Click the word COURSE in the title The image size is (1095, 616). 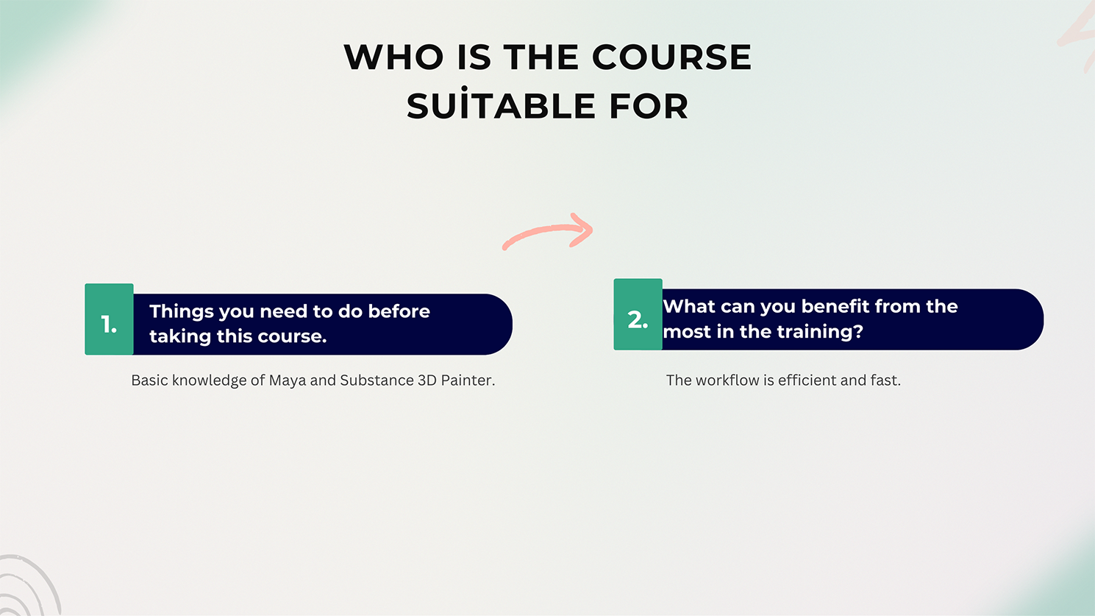(x=671, y=57)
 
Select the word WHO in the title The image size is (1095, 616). (x=393, y=57)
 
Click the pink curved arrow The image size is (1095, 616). (x=547, y=231)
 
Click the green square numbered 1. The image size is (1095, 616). (x=109, y=319)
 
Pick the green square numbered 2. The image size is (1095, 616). (x=638, y=314)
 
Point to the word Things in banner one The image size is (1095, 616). (x=182, y=312)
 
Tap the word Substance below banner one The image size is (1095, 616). (x=377, y=380)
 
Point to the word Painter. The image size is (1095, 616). (x=468, y=380)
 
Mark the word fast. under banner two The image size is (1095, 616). (x=885, y=380)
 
